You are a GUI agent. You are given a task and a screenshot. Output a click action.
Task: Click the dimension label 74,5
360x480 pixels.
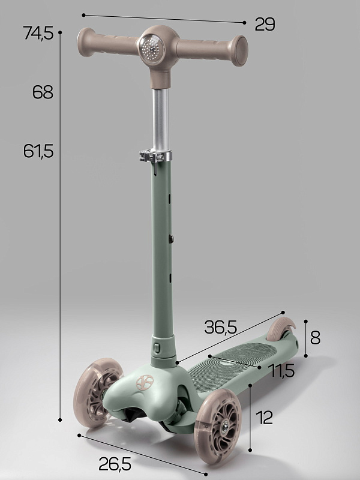(x=38, y=33)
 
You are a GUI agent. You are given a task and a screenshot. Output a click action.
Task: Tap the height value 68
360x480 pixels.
(x=43, y=92)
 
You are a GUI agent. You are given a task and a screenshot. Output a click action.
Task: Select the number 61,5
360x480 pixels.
(x=38, y=151)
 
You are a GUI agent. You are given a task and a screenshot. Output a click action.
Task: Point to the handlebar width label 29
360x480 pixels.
(x=265, y=24)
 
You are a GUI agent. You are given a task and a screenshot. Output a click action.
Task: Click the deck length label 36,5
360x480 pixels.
(x=220, y=327)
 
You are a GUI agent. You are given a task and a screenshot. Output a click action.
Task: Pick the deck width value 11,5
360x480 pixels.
(x=281, y=371)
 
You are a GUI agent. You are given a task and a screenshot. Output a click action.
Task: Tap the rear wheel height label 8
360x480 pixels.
(x=316, y=338)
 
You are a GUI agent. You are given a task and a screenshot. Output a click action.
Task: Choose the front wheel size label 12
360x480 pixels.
(x=264, y=418)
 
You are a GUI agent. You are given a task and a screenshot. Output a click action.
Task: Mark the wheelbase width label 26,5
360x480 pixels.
(x=115, y=464)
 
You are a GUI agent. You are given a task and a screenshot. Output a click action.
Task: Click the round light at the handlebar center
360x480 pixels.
(x=152, y=49)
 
